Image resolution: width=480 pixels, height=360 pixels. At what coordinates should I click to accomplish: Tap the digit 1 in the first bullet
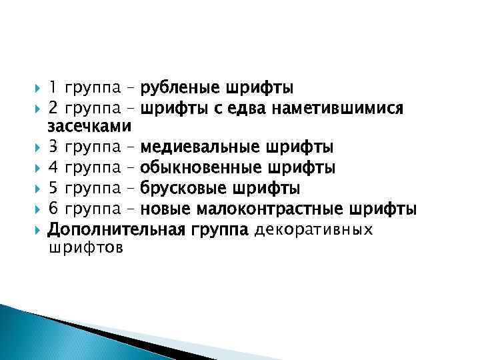[x=53, y=87]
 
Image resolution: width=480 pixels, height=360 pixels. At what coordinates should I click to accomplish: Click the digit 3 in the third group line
[x=53, y=146]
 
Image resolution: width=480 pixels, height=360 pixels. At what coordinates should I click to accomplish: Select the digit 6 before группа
[x=53, y=209]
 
